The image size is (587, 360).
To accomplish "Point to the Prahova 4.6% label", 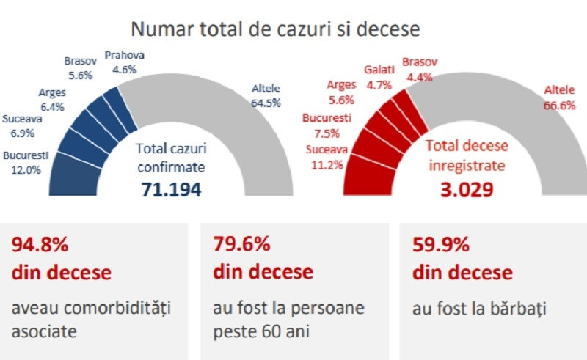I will (124, 62).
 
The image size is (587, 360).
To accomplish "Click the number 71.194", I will (170, 190).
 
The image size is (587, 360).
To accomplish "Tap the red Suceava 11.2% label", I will (325, 158).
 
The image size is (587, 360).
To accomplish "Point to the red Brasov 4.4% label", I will (420, 67).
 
